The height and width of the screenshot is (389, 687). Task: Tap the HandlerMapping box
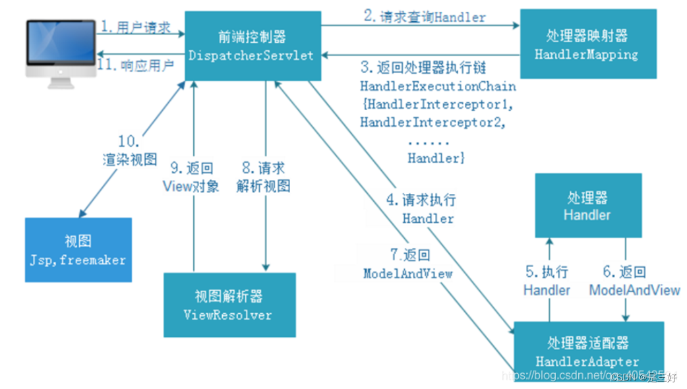pos(587,45)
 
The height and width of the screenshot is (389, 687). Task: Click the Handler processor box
pos(587,206)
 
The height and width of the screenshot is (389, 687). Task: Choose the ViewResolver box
pos(227,305)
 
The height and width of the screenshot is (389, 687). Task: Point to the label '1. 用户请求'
pos(136,27)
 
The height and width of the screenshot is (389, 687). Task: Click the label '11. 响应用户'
pos(135,65)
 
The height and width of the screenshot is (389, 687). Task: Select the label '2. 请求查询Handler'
pos(421,16)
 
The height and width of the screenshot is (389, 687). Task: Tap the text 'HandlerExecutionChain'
pos(438,86)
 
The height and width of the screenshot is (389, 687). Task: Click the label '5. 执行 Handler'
pos(547,281)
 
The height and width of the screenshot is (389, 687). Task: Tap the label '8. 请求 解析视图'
pos(263,177)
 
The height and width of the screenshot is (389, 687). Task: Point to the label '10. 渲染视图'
pos(129,150)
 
